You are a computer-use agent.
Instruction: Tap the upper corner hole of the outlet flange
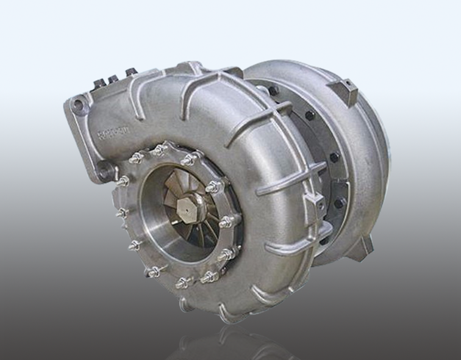point(78,106)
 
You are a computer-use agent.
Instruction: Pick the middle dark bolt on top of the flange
point(113,79)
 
